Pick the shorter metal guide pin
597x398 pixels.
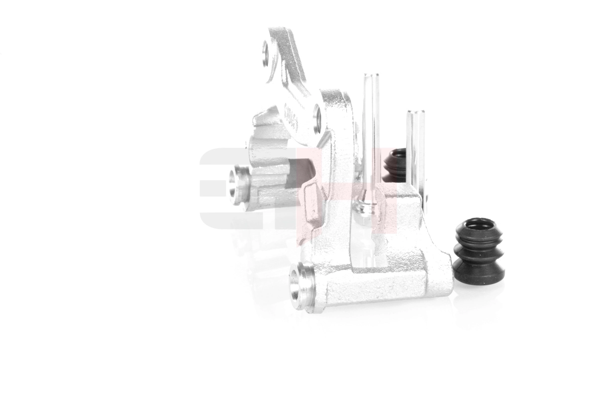pyautogui.click(x=415, y=149)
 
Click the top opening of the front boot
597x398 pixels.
pyautogui.click(x=478, y=224)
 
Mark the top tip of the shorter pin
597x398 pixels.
pyautogui.click(x=415, y=112)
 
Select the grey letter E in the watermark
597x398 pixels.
pyautogui.click(x=221, y=189)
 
